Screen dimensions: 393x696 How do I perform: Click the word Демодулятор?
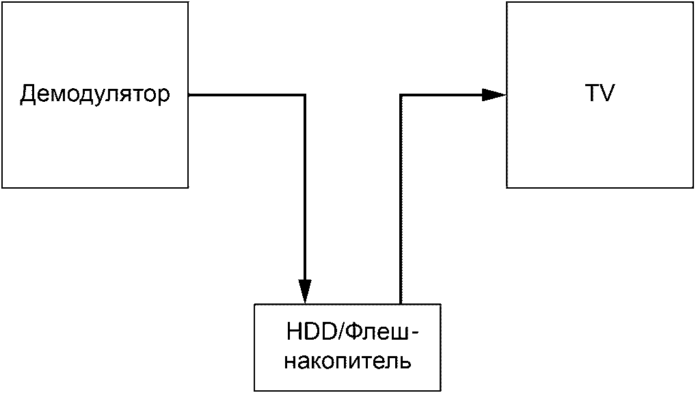coord(94,94)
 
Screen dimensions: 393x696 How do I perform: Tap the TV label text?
coord(600,94)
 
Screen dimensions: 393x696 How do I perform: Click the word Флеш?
coord(374,333)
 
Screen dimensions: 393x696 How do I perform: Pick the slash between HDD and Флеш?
coord(338,333)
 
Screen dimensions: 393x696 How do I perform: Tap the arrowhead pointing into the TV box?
coord(494,95)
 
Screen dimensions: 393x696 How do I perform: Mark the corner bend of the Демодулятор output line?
coord(305,95)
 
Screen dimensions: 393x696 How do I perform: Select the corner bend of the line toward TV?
coord(401,95)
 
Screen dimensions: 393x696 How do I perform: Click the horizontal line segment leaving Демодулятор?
coord(246,95)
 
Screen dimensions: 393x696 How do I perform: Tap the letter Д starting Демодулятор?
coord(27,94)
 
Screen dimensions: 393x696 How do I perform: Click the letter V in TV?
coord(607,94)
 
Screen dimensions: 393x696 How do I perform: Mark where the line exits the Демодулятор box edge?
coord(189,95)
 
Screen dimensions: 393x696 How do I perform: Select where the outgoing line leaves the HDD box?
coord(401,303)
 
